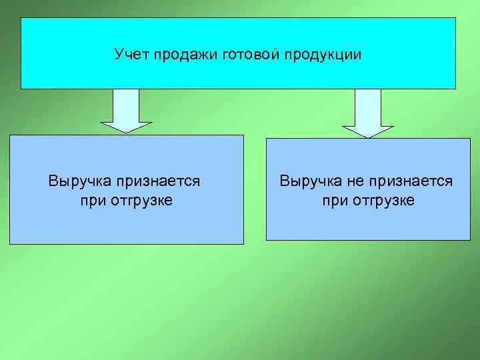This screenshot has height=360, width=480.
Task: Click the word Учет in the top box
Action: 132,54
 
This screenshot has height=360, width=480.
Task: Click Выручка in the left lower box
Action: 79,181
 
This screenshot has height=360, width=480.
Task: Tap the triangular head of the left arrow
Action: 126,127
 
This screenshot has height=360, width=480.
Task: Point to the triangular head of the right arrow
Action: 368,131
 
